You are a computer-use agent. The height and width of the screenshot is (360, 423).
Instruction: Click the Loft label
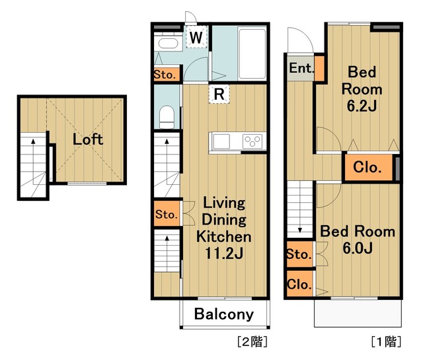(88, 139)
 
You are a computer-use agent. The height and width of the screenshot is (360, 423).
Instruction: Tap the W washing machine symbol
(196, 37)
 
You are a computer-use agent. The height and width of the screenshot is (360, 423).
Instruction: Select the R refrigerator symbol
(219, 94)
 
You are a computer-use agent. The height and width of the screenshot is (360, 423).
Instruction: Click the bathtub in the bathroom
(252, 53)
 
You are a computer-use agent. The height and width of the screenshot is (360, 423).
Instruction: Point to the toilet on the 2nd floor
(167, 117)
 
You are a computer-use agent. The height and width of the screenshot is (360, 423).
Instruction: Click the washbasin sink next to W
(168, 44)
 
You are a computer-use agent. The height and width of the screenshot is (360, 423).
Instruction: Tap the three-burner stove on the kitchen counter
(252, 141)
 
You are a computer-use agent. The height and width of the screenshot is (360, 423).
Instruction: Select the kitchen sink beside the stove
(221, 141)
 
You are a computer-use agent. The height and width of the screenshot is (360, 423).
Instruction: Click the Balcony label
(224, 314)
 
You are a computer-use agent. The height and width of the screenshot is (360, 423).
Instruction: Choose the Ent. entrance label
(301, 67)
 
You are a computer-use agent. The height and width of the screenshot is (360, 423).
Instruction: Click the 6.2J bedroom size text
(362, 106)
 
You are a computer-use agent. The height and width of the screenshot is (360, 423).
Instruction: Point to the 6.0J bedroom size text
(358, 248)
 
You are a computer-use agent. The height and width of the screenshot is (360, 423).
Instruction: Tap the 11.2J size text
(224, 253)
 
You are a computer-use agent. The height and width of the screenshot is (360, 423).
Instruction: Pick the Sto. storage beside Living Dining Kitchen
(167, 213)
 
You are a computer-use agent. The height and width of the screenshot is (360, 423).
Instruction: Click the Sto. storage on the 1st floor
(299, 254)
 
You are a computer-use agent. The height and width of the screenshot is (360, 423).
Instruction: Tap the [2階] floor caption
(252, 342)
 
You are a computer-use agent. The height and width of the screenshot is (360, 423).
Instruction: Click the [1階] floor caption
(386, 342)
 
